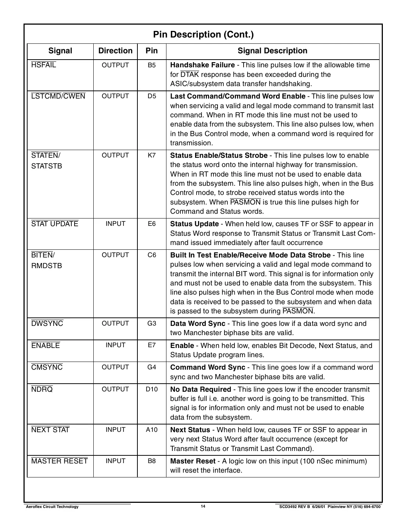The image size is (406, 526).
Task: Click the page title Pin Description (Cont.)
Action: point(203,35)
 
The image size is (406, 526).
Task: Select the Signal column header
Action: point(60,51)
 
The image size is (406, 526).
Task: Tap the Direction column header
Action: point(115,51)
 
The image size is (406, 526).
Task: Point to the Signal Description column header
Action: point(272,51)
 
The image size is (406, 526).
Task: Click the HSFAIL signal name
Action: point(44,65)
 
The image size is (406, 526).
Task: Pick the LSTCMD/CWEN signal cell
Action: point(58,96)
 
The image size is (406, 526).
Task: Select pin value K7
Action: point(152,155)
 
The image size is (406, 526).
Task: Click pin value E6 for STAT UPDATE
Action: point(152,224)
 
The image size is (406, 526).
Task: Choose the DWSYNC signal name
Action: point(47,323)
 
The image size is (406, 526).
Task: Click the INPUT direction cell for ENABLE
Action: point(115,345)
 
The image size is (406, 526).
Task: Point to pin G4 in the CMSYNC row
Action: point(152,367)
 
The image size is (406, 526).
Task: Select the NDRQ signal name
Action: point(42,389)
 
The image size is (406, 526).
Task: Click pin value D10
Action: point(152,389)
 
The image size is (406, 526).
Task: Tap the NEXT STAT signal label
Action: point(50,430)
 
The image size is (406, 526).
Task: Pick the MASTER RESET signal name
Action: point(60,461)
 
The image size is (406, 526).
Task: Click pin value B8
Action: point(152,461)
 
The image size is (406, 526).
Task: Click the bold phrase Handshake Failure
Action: point(202,65)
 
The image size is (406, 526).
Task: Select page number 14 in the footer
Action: point(203,507)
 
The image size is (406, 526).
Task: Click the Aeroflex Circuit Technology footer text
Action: point(52,507)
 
